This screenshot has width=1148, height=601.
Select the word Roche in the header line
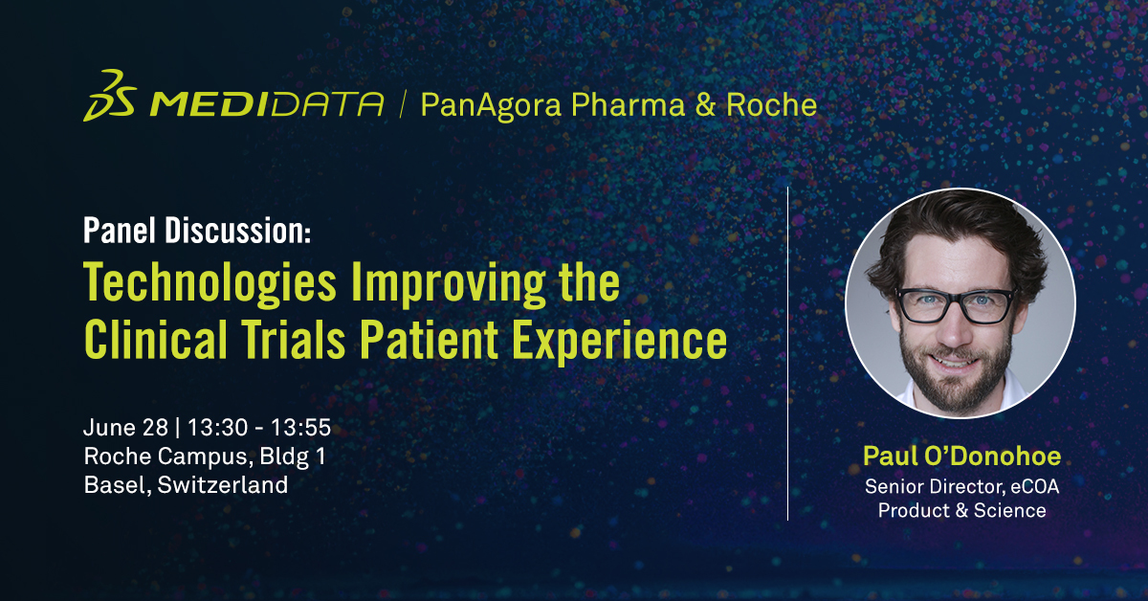771,104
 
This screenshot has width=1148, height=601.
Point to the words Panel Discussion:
197,232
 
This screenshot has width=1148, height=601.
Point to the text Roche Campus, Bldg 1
205,456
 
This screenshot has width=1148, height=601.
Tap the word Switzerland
223,485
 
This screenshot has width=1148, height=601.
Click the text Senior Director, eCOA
961,486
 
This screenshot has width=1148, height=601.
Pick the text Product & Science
961,510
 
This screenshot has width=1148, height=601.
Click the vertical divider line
787,354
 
